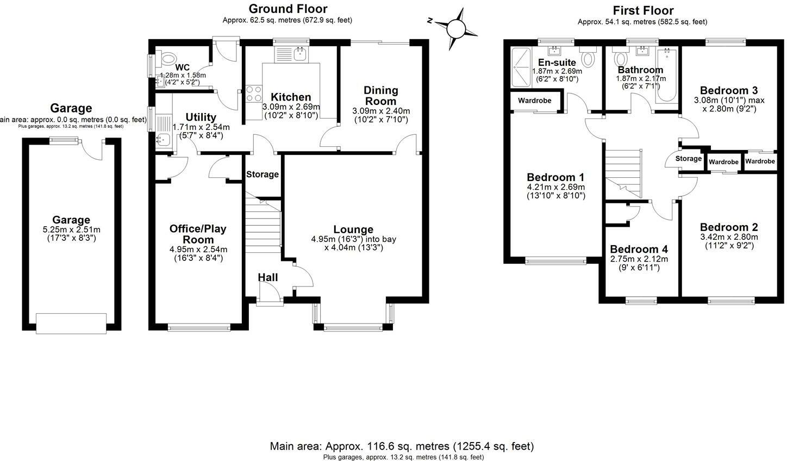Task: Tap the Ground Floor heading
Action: pyautogui.click(x=288, y=9)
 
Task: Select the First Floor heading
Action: pyautogui.click(x=643, y=10)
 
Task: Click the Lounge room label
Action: pyautogui.click(x=353, y=229)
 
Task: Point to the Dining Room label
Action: pyautogui.click(x=380, y=95)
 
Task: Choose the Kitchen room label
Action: pyautogui.click(x=291, y=97)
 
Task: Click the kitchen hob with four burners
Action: pyautogui.click(x=254, y=95)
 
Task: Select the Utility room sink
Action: pyautogui.click(x=163, y=140)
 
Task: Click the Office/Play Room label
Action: pyautogui.click(x=198, y=234)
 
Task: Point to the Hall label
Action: pyautogui.click(x=267, y=277)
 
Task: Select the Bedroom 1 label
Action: pyautogui.click(x=555, y=177)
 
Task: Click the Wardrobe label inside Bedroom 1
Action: pyautogui.click(x=534, y=101)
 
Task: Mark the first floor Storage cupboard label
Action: pyautogui.click(x=688, y=159)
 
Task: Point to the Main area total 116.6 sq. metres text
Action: pyautogui.click(x=402, y=446)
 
